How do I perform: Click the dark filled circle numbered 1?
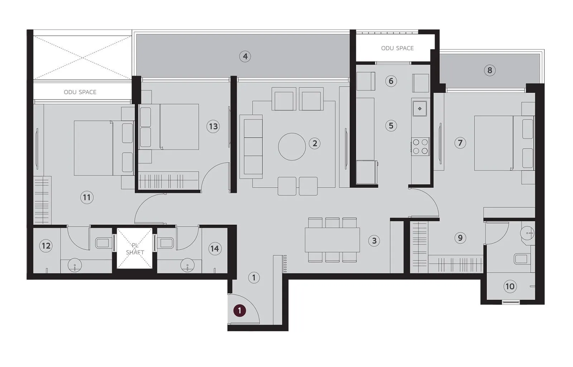(240, 310)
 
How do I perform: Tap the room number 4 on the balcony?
(245, 56)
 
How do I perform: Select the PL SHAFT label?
(135, 249)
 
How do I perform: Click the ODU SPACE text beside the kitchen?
(397, 48)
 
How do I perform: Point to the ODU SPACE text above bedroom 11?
(80, 92)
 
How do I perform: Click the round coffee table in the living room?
(292, 146)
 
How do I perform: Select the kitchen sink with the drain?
(420, 108)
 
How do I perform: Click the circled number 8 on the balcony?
(490, 70)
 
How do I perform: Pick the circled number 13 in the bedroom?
(213, 126)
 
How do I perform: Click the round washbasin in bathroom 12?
(75, 265)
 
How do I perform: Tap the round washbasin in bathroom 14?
(187, 265)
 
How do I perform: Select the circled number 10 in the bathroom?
(509, 286)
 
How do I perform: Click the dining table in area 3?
(332, 240)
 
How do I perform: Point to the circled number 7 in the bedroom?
(460, 143)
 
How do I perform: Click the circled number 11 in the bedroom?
(87, 197)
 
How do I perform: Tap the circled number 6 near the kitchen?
(391, 81)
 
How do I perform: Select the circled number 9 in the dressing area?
(460, 237)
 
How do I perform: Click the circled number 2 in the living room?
(314, 144)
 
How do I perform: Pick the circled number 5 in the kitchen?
(391, 126)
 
